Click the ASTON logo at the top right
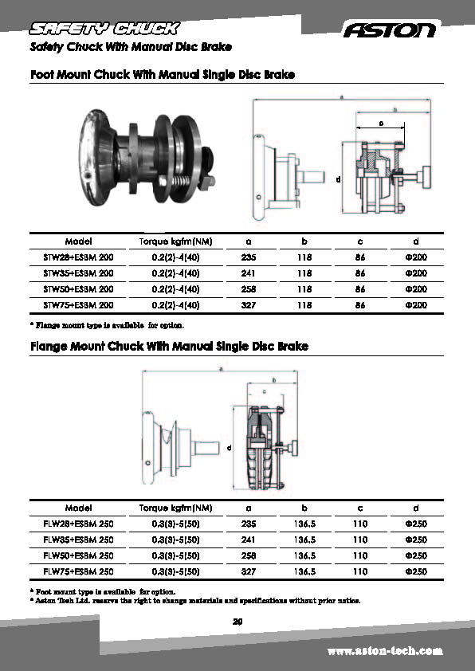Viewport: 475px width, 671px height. coord(390,30)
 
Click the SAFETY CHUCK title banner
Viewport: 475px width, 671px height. coord(103,29)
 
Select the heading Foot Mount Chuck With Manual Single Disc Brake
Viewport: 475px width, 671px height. coord(163,75)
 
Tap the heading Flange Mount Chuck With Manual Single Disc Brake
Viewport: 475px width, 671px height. coord(169,347)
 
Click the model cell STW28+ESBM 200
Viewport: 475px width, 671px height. coord(78,257)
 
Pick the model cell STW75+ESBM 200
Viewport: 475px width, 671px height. coord(78,304)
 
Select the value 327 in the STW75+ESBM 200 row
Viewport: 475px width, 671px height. coord(249,304)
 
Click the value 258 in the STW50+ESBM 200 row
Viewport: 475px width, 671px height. coord(249,288)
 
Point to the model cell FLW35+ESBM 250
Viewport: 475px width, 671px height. coord(78,540)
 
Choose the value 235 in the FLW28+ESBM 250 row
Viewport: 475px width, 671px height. coord(249,524)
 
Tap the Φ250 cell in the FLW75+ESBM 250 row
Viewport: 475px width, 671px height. coord(416,571)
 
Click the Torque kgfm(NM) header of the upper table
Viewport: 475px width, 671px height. coord(175,241)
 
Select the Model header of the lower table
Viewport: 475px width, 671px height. coord(78,508)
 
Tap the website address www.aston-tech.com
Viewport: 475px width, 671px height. coord(385,651)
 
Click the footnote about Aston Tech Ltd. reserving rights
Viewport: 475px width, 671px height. coord(195,600)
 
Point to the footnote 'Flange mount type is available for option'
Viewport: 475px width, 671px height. coord(107,325)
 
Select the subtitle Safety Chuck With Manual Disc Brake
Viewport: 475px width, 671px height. coord(131,47)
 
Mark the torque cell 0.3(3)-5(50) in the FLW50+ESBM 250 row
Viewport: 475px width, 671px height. coord(175,555)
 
